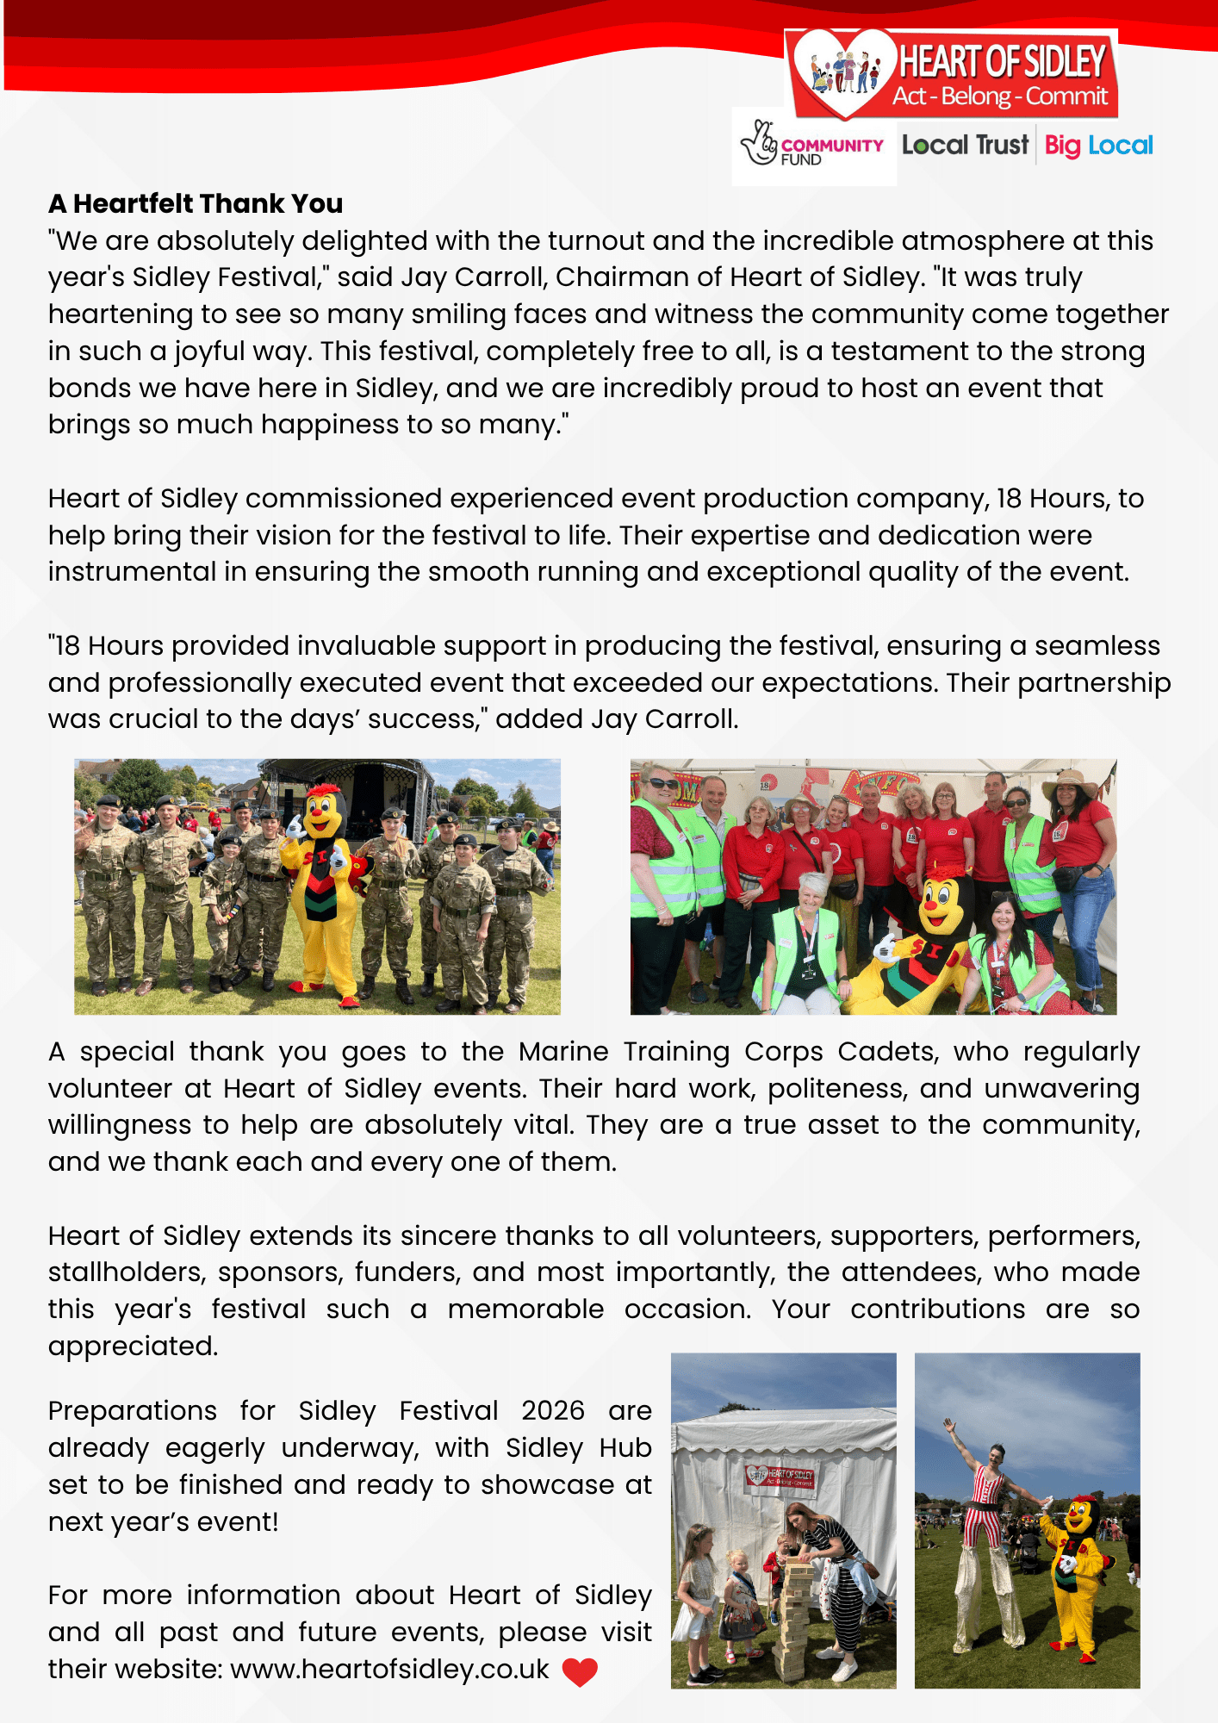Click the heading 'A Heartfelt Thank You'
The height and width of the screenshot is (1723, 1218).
[196, 204]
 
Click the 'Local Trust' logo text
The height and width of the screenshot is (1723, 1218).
[965, 145]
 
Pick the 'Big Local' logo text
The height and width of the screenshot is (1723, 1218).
[1098, 146]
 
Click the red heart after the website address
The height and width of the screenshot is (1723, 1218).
[580, 1671]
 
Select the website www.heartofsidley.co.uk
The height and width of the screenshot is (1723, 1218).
[389, 1670]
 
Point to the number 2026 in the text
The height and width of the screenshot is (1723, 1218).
[552, 1411]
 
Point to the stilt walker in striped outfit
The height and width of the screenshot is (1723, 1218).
[988, 1542]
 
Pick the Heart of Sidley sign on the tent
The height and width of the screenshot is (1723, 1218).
[780, 1476]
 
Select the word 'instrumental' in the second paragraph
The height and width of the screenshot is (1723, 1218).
[132, 572]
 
